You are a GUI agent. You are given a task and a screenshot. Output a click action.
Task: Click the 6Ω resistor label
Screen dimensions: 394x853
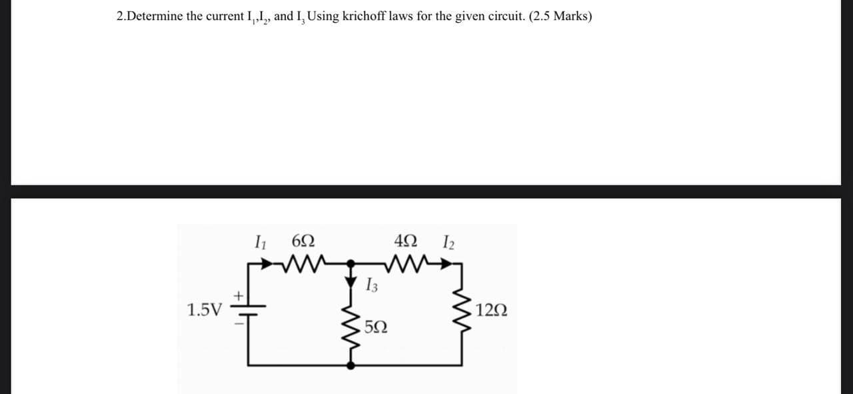[303, 241]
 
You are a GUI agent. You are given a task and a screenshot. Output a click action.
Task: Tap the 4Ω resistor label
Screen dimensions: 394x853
[407, 241]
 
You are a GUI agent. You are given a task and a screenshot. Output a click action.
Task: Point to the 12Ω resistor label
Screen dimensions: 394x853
[492, 311]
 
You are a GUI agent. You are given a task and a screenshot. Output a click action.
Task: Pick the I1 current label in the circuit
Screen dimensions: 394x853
[261, 241]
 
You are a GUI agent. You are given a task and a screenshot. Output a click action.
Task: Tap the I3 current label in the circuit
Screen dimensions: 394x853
[372, 287]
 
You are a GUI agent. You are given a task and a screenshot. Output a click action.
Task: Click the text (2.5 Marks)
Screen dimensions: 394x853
[560, 17]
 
